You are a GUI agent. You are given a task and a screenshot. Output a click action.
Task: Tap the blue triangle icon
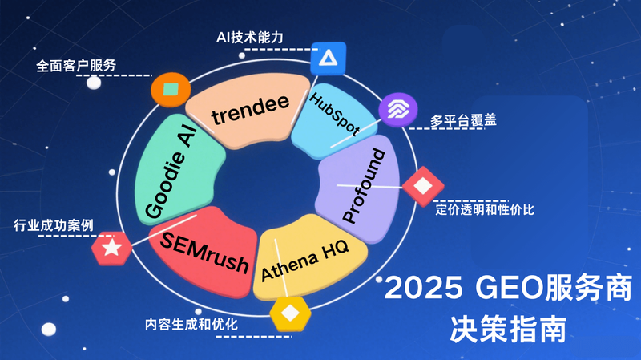coord(328,58)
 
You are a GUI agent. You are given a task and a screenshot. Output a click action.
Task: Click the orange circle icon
coord(169,87)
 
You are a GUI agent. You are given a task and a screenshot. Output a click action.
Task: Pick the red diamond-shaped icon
coord(422,186)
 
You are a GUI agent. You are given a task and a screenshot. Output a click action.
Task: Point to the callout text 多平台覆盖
coord(463,121)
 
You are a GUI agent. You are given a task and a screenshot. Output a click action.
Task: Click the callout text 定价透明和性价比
coord(485,210)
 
